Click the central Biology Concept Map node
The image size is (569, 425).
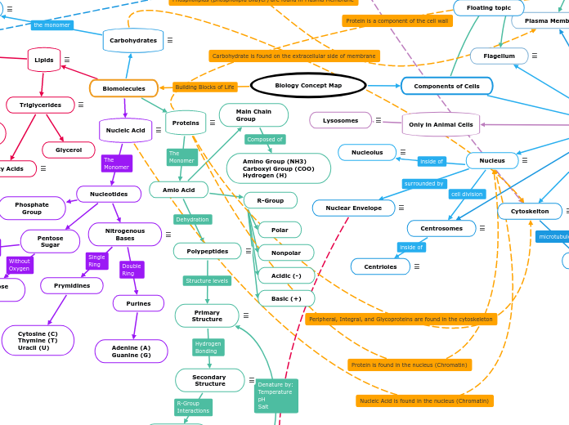(x=308, y=85)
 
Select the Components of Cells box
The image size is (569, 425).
(x=446, y=86)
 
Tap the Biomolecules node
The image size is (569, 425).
(x=123, y=88)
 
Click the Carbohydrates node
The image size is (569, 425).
(x=133, y=40)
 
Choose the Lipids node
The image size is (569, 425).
(x=44, y=60)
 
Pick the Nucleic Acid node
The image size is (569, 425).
(x=125, y=130)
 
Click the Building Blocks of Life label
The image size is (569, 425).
(x=204, y=87)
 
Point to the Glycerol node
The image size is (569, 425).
(x=69, y=150)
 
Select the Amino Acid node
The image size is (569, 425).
(x=178, y=190)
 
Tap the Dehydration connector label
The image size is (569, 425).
(x=192, y=219)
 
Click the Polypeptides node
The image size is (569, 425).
(x=207, y=251)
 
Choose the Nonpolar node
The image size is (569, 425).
(x=286, y=253)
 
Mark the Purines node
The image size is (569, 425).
(x=138, y=303)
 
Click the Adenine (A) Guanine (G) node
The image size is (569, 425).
(x=131, y=351)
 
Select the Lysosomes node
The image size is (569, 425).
(x=340, y=120)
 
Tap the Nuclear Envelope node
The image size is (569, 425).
(x=353, y=208)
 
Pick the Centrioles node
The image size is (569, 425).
(x=380, y=266)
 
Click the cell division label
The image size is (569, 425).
(x=467, y=194)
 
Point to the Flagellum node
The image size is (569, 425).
(x=499, y=56)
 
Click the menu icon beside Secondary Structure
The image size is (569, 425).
(x=251, y=380)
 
